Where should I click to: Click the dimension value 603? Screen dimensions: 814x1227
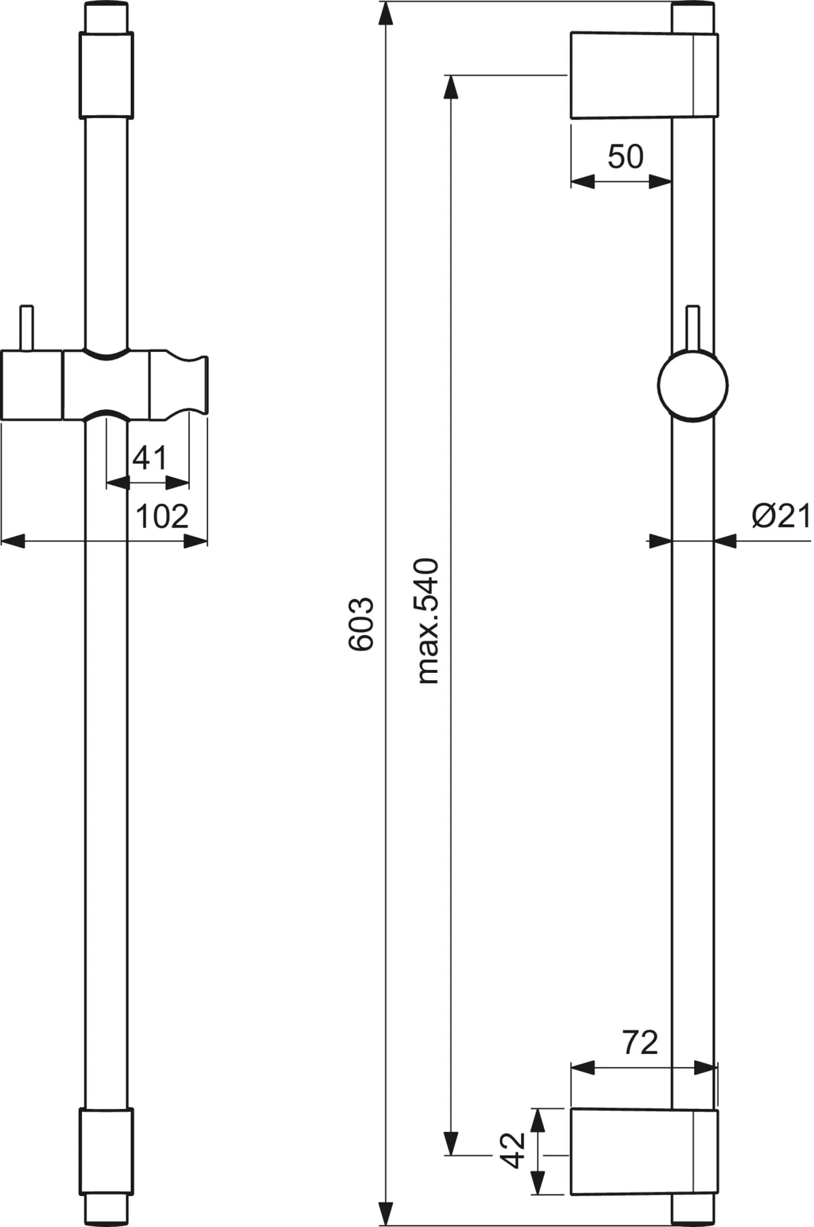tap(361, 623)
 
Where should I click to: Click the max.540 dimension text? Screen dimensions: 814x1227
tap(428, 620)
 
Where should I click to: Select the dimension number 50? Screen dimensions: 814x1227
tap(625, 157)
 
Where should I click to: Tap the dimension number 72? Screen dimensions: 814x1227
tap(640, 1043)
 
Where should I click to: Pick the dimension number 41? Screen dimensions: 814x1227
tap(149, 459)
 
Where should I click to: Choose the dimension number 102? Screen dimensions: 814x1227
tap(162, 517)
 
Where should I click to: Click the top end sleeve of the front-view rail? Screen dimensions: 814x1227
tap(106, 75)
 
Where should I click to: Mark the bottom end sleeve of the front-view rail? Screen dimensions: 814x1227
tap(106, 1152)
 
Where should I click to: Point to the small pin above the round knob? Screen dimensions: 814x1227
tap(693, 329)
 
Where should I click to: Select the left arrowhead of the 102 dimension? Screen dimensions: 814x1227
tap(14, 541)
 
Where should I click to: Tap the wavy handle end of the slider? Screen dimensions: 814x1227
tap(178, 385)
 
